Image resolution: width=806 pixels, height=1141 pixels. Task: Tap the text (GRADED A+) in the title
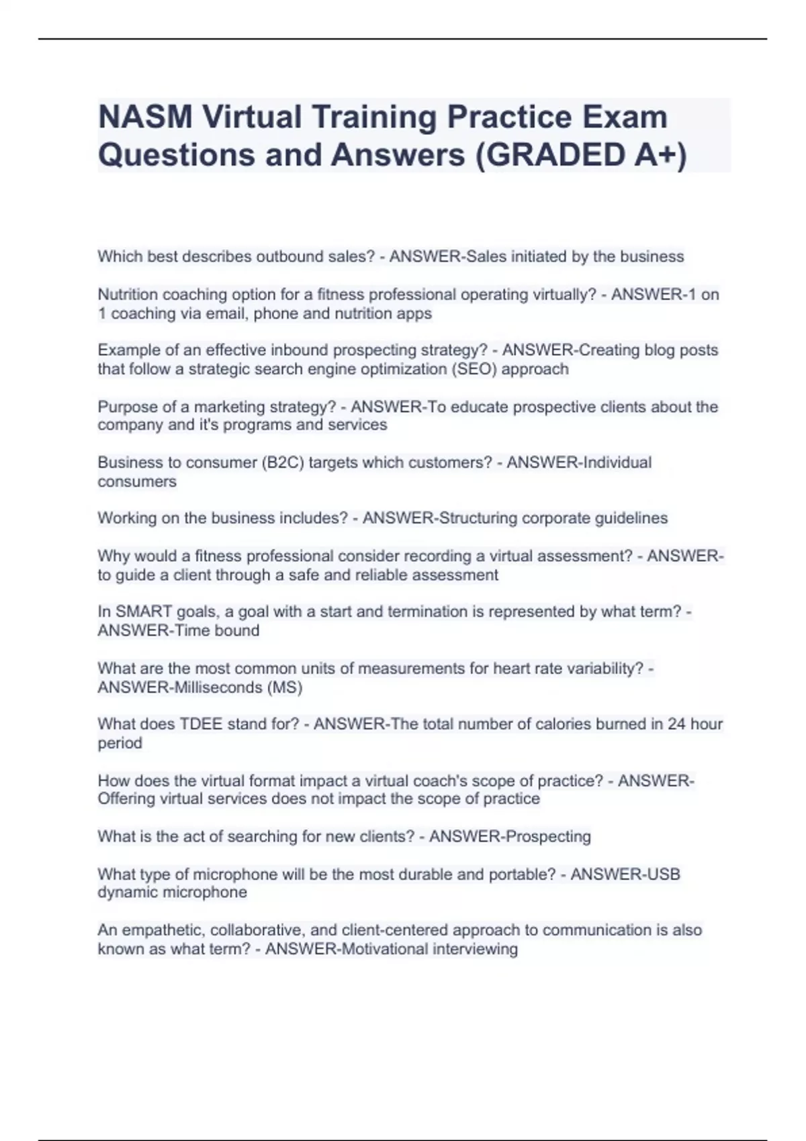581,155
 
